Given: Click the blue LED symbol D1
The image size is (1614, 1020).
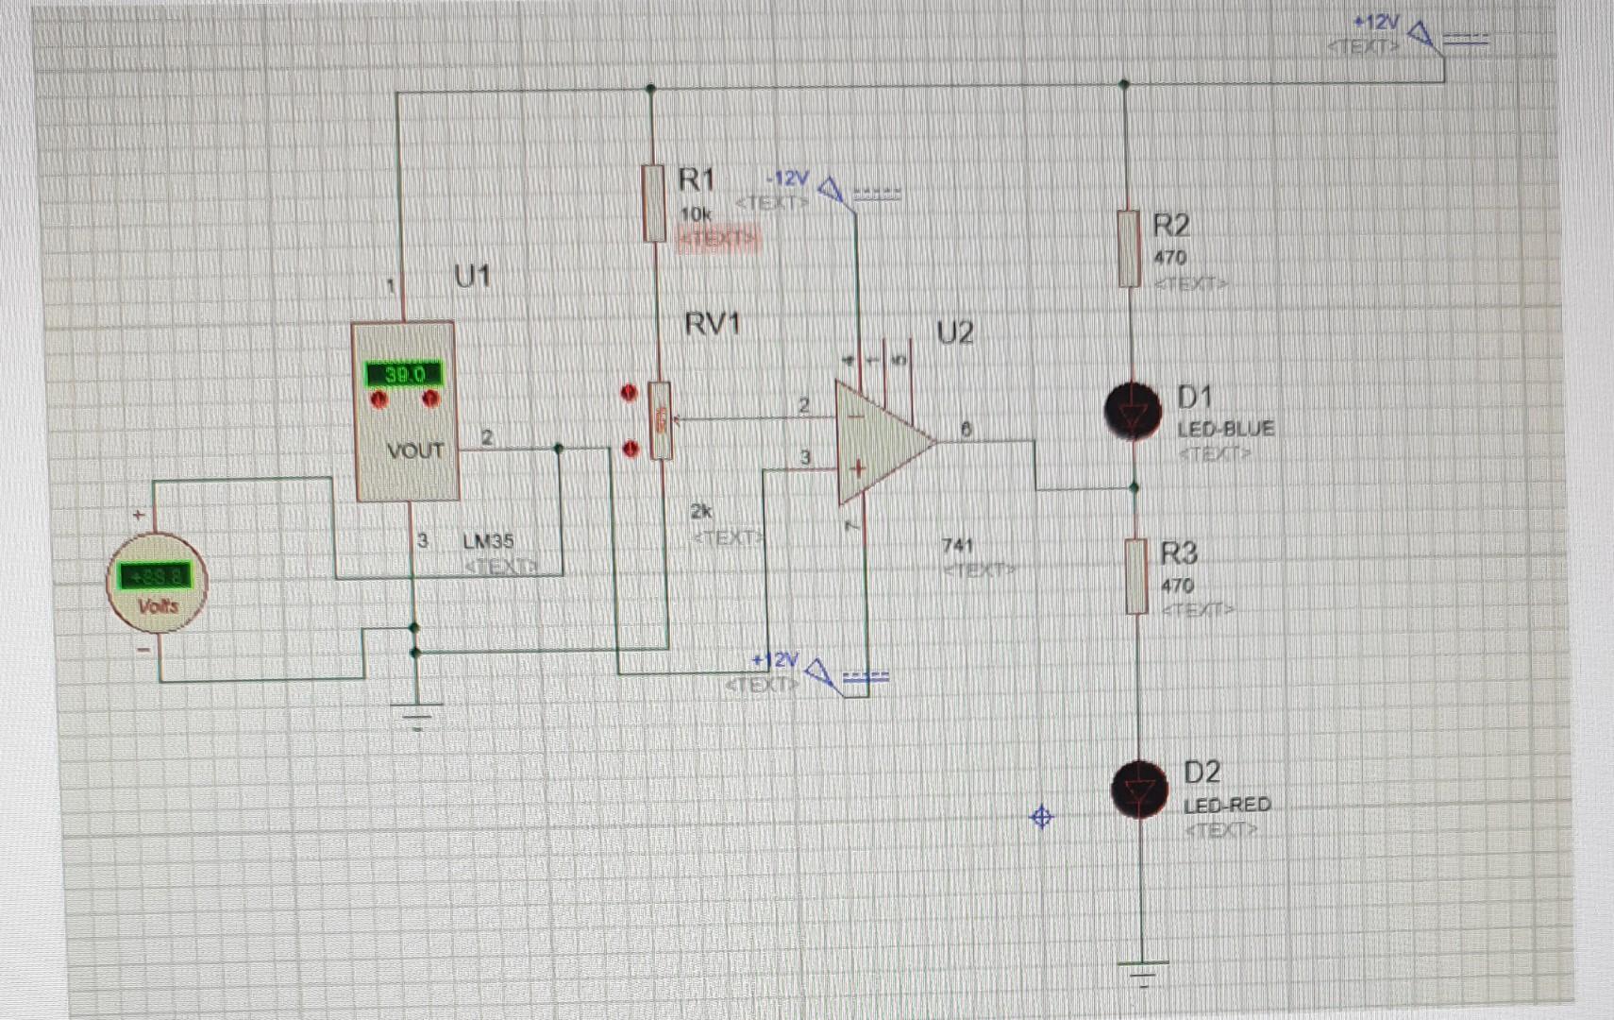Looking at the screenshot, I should (x=1133, y=412).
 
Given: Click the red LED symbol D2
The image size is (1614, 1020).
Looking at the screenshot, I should (x=1139, y=790).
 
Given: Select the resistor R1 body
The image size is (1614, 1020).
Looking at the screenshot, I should (x=653, y=202).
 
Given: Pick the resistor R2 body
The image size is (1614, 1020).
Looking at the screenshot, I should (x=1129, y=248).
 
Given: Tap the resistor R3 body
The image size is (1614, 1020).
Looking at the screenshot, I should (x=1137, y=576).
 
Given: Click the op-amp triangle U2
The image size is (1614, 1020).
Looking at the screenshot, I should (x=878, y=442).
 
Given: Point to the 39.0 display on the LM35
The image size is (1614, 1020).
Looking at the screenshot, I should (x=404, y=374).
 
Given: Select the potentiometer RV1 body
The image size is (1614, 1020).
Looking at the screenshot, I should (x=661, y=421).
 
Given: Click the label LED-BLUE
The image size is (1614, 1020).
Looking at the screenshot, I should (x=1225, y=429).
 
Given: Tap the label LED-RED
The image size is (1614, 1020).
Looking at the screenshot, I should (x=1227, y=805).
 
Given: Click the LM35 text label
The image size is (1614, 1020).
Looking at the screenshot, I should (x=488, y=541).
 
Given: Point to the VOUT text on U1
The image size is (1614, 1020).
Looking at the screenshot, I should (x=414, y=450).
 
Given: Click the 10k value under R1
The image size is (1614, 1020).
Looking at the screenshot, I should (x=696, y=214).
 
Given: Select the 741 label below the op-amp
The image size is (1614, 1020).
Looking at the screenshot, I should (x=957, y=545).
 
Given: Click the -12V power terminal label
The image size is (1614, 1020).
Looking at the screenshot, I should (x=788, y=178).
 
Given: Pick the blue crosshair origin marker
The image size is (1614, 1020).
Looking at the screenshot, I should (x=1041, y=817).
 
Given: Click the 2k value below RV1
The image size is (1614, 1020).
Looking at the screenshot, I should (x=700, y=511).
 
